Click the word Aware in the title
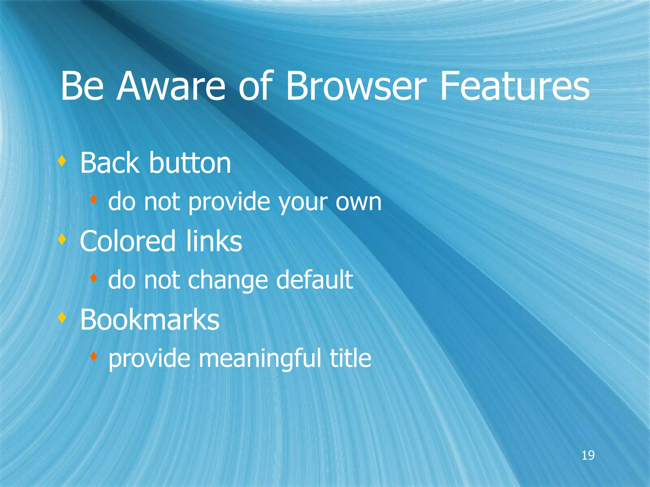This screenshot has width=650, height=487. [x=171, y=86]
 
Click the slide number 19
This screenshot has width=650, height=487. [x=588, y=455]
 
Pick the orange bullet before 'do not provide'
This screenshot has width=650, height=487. [x=93, y=200]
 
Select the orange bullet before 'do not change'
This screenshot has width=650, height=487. [x=93, y=278]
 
